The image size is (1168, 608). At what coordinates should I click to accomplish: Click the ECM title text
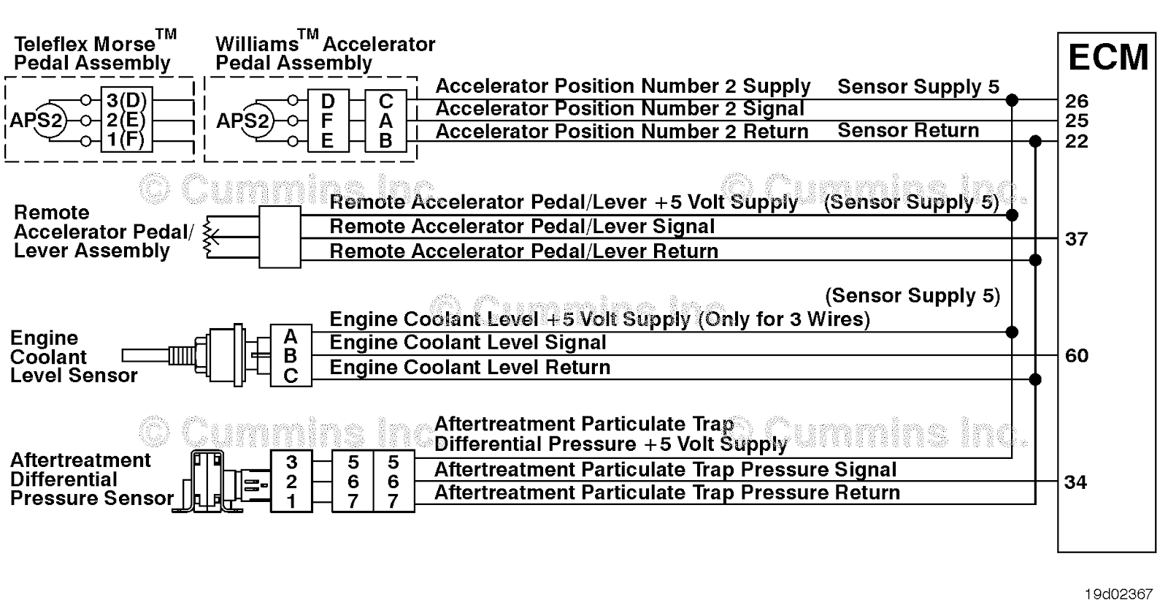tap(1107, 58)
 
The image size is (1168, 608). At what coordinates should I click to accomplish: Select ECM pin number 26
tap(1076, 101)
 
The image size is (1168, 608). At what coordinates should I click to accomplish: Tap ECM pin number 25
tap(1076, 121)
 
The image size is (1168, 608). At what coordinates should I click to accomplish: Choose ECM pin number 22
tap(1076, 141)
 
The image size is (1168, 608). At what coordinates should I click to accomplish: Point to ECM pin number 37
tap(1076, 239)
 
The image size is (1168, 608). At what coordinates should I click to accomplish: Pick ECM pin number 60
tap(1076, 356)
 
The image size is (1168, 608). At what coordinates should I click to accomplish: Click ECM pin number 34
tap(1075, 482)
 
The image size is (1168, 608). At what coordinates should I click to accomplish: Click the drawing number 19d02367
tap(1118, 594)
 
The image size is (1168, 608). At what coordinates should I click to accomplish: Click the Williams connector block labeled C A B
tap(385, 121)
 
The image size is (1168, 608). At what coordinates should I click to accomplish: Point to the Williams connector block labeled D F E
tap(327, 121)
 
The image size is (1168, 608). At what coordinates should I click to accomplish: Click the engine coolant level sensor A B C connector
tap(291, 356)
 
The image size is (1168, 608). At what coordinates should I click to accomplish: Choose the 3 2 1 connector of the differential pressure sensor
tap(291, 482)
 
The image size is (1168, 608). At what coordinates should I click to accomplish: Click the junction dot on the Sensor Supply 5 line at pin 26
tap(1012, 100)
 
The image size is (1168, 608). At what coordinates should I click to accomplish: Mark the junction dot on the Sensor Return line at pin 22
tap(1035, 141)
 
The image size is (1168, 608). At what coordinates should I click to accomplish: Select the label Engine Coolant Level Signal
tap(468, 343)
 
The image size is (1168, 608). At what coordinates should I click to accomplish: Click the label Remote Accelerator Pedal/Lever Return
tap(523, 251)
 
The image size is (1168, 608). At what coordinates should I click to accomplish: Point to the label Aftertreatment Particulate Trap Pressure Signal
tap(665, 470)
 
